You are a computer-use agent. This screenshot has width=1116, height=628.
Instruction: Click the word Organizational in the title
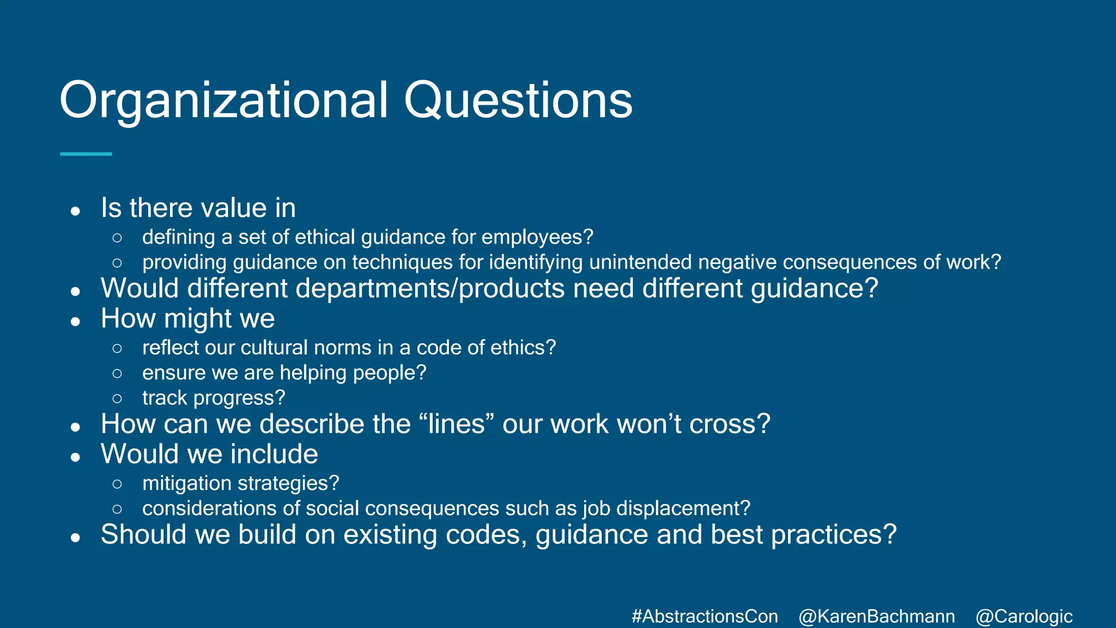tap(223, 100)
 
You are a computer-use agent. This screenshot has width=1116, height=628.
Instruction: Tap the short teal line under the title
tap(86, 154)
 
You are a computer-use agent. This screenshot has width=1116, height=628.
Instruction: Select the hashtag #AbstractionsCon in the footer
tap(705, 617)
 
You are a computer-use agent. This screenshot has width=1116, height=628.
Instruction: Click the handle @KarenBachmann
tap(877, 617)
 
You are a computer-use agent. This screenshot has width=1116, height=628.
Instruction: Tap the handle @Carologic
tap(1024, 617)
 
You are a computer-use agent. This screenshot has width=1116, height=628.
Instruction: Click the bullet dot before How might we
tap(76, 322)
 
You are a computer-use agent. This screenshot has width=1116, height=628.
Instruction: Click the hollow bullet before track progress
tap(117, 398)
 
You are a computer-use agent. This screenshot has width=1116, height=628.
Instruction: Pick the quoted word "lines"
tap(457, 424)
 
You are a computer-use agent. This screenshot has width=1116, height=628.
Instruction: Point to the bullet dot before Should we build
tap(76, 538)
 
